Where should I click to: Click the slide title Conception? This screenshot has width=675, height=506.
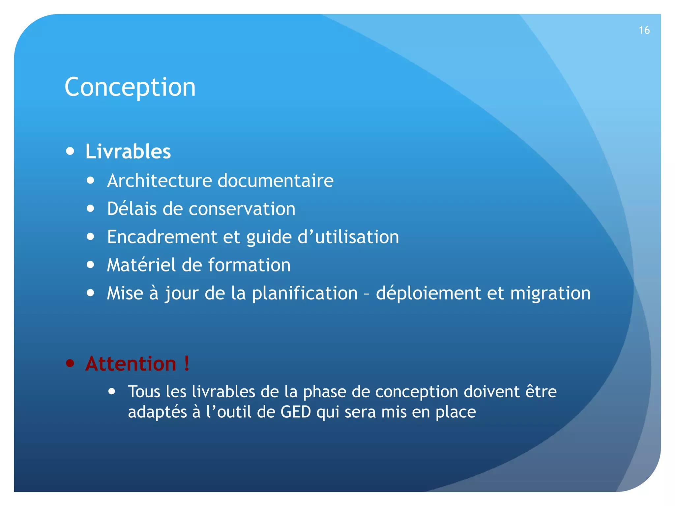click(130, 87)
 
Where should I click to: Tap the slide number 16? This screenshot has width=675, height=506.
click(644, 30)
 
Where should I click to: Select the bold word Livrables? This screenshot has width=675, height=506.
click(128, 152)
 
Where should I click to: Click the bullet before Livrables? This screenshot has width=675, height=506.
click(70, 151)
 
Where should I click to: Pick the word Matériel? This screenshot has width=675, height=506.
click(141, 265)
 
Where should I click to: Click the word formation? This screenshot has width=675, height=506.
click(249, 265)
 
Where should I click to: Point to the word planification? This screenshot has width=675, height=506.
click(305, 293)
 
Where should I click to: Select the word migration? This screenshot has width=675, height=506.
click(550, 293)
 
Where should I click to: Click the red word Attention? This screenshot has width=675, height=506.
click(131, 364)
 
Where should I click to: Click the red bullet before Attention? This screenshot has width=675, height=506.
click(70, 363)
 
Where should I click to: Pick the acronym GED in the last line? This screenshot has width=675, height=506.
click(296, 412)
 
